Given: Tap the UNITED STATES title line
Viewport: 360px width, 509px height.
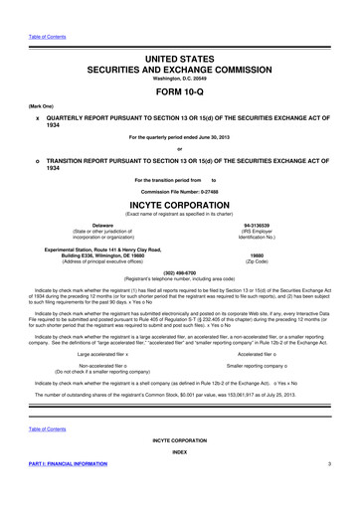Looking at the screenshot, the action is (x=180, y=34).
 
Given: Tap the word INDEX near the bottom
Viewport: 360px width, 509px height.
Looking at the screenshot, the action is (x=179, y=450).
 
